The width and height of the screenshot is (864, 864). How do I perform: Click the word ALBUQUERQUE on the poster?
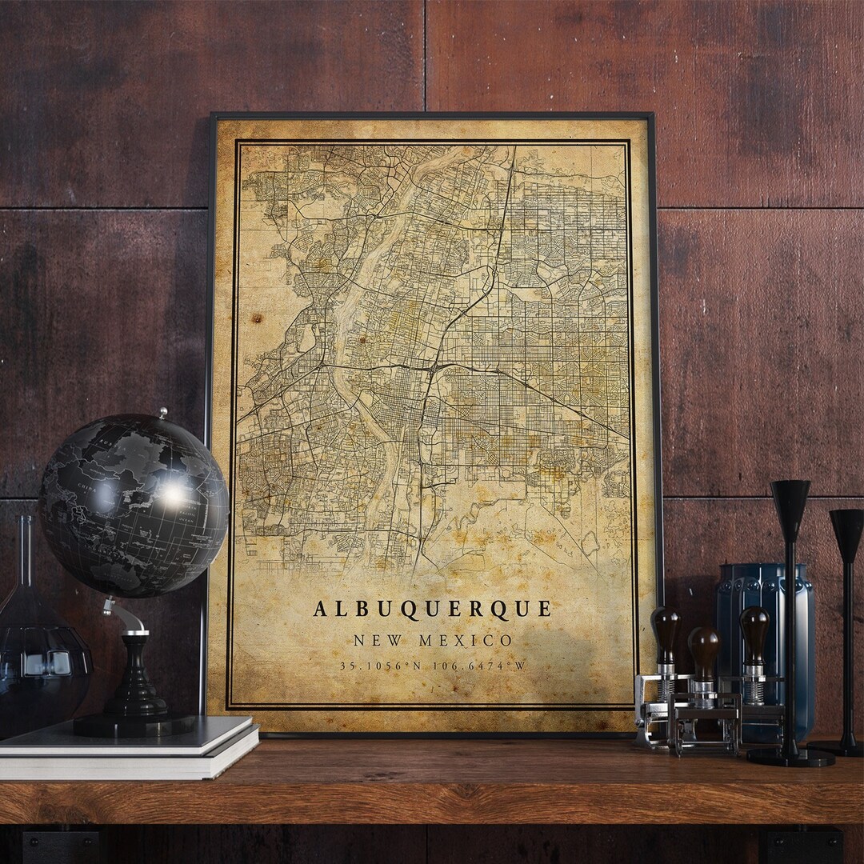[432, 609]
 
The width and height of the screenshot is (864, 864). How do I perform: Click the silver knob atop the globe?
[162, 414]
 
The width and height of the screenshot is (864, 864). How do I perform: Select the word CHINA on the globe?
[84, 486]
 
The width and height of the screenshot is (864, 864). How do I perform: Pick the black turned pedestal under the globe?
[135, 680]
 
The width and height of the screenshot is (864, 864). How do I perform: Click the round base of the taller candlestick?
[790, 755]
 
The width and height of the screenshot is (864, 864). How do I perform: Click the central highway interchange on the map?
[433, 369]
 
